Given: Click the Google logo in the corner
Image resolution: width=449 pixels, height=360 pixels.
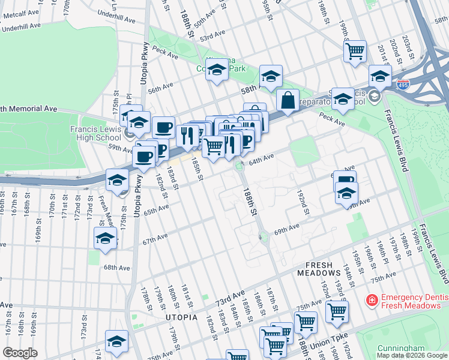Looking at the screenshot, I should [x=20, y=352].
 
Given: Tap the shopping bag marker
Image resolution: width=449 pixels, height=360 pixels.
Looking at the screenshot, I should [x=288, y=101].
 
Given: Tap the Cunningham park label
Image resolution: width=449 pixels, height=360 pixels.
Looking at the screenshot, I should [x=401, y=348].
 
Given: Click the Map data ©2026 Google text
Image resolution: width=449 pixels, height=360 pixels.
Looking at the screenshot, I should [x=412, y=355].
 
